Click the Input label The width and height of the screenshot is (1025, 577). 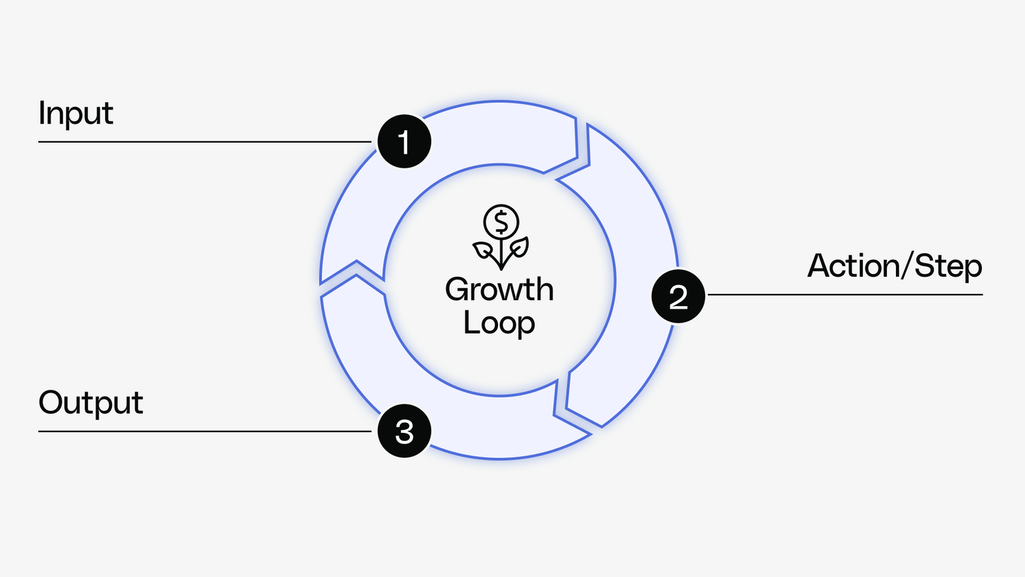[75, 113]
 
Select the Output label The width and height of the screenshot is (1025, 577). [90, 403]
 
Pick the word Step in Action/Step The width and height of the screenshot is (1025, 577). [948, 267]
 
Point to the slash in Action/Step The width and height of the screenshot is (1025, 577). [907, 266]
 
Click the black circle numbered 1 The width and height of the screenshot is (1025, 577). [404, 142]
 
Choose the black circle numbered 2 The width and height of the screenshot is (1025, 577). [678, 296]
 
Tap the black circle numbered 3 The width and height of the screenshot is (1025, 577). [404, 431]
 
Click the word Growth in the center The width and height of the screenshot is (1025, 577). [499, 290]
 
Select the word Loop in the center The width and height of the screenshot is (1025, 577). [499, 323]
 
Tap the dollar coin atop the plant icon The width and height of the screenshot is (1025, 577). [501, 222]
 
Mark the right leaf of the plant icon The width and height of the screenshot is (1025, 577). [519, 247]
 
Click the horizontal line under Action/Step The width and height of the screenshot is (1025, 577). [845, 295]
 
